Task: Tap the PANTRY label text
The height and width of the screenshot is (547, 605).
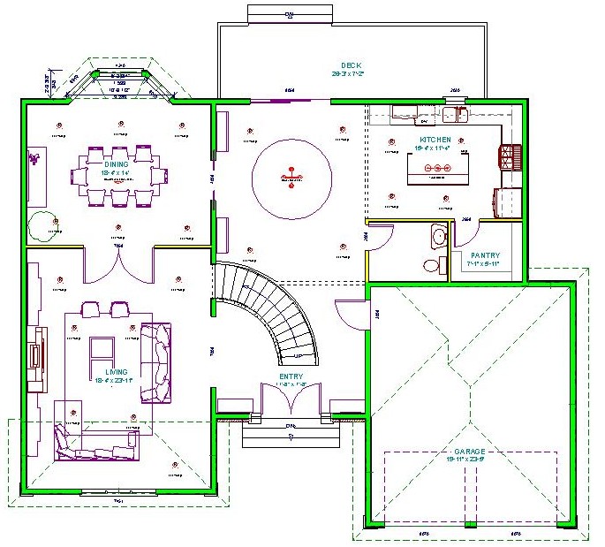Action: tap(485, 255)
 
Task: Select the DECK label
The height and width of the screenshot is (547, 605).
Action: tap(352, 65)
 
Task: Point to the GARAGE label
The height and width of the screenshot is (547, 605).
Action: tap(470, 451)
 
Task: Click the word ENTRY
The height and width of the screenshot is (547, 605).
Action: tap(291, 376)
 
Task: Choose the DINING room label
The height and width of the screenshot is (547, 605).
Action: tap(117, 164)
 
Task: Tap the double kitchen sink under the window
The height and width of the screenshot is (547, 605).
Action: tap(456, 114)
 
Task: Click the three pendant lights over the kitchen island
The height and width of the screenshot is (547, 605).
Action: tap(435, 166)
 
